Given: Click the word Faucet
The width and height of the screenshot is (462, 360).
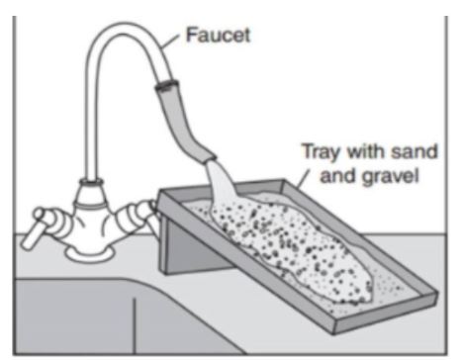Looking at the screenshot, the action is (x=218, y=35).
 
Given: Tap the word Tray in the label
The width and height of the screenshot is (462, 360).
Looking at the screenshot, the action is (x=321, y=152).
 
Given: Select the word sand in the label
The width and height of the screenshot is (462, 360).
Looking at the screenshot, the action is (x=414, y=151).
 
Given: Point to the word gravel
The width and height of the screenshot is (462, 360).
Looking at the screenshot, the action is (x=390, y=176).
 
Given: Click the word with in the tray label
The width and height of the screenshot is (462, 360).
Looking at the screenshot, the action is (x=365, y=151).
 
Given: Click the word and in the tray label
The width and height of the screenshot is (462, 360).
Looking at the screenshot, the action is (x=338, y=175).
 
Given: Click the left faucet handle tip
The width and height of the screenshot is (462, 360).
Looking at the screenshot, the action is (x=27, y=243).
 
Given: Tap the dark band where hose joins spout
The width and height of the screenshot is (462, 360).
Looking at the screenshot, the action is (x=167, y=85).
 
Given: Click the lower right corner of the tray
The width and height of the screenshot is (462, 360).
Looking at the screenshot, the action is (x=334, y=333).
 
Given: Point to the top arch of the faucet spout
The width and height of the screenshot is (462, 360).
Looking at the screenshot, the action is (x=124, y=29).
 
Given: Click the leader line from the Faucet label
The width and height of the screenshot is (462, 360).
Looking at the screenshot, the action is (x=170, y=42).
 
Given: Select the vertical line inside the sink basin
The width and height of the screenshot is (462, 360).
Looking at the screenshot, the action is (x=135, y=325).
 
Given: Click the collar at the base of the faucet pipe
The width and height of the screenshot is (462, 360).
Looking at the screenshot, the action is (x=91, y=182).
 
